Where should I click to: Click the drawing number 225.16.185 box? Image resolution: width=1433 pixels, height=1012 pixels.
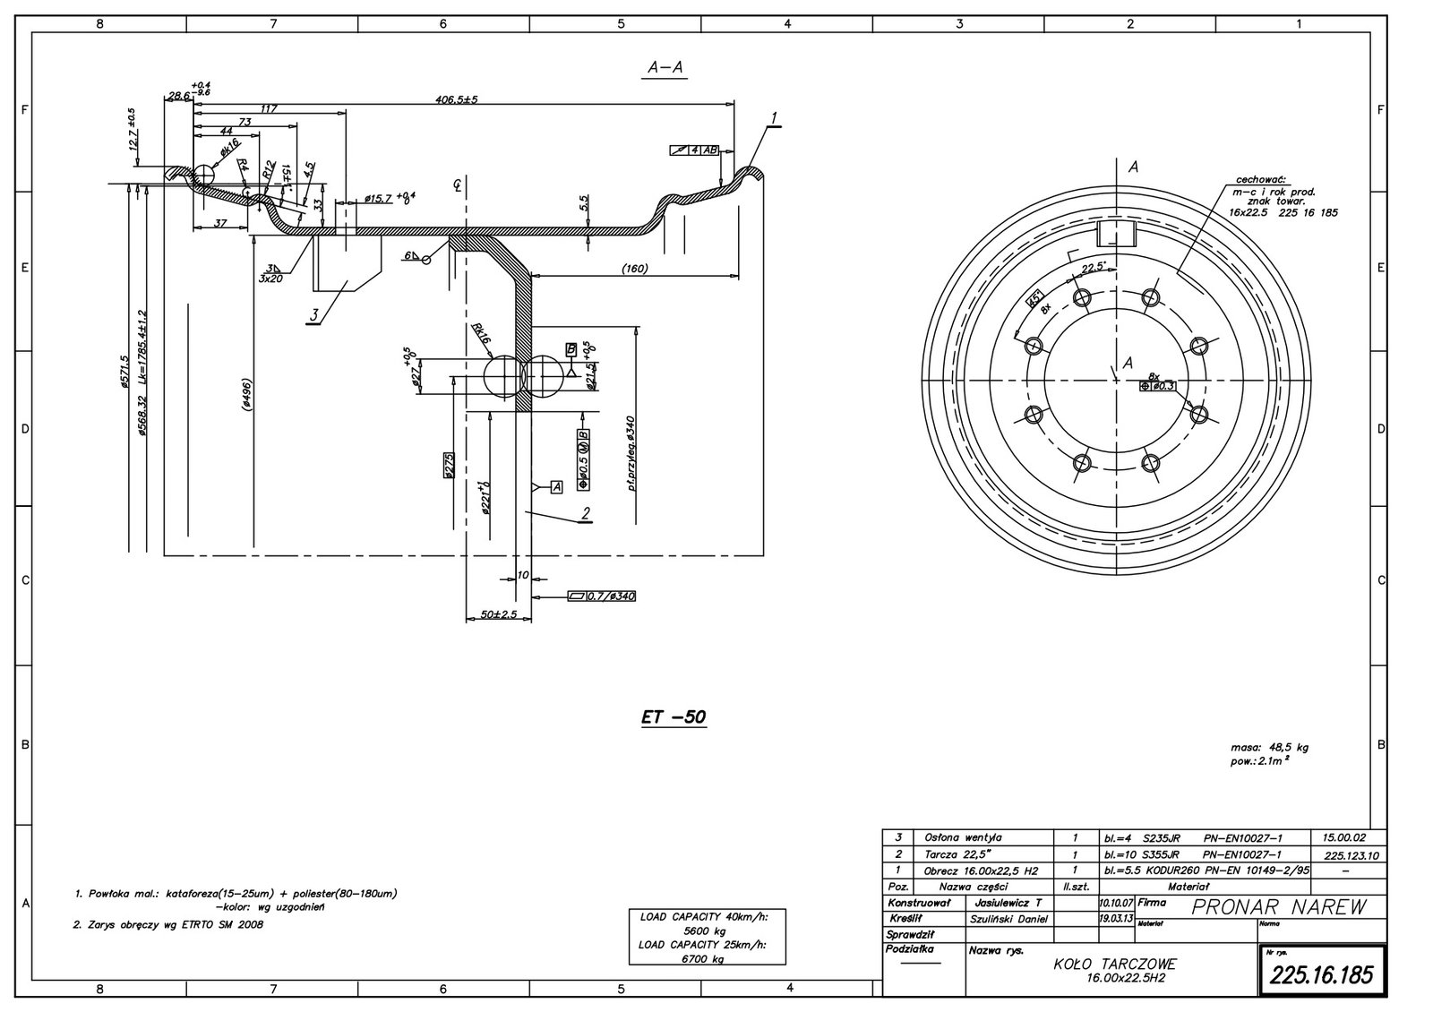1323,974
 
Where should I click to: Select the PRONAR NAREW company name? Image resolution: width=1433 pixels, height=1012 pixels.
1280,907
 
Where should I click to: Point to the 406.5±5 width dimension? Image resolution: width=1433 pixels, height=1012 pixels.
457,100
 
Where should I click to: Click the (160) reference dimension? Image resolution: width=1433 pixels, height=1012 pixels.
634,268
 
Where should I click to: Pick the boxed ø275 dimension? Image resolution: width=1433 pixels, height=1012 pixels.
450,466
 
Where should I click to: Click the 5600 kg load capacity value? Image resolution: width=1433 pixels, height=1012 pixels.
710,930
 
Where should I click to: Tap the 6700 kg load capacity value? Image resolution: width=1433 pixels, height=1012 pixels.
710,958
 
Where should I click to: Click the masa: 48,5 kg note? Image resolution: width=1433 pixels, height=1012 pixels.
1270,747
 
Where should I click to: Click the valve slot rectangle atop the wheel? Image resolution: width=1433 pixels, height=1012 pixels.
1116,234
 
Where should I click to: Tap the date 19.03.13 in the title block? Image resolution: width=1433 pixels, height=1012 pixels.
1115,918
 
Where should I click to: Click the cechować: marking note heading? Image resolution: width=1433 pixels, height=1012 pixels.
1262,179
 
